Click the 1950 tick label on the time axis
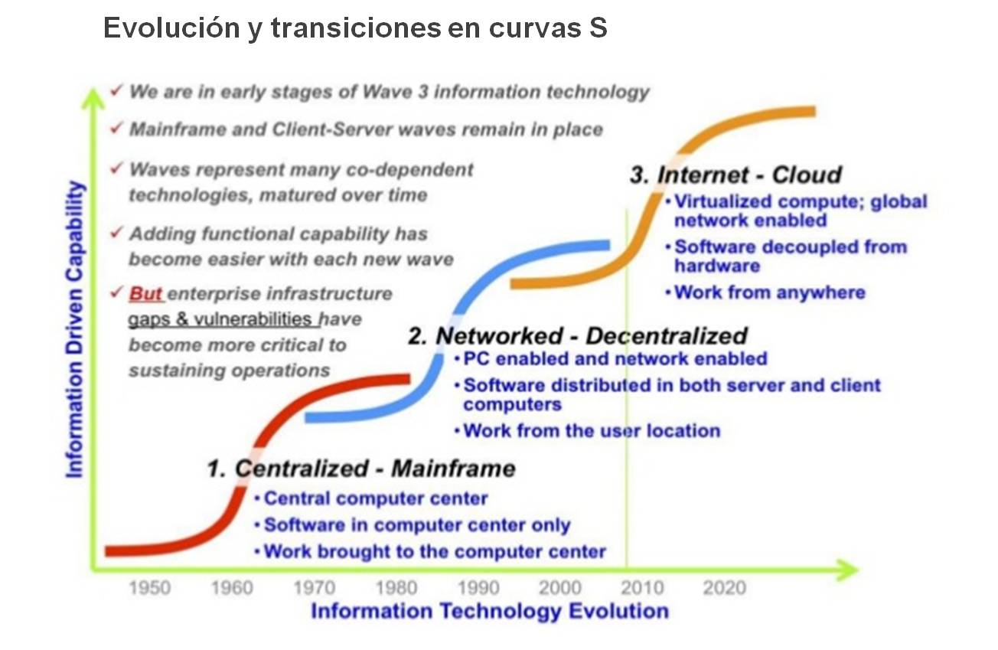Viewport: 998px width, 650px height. click(150, 587)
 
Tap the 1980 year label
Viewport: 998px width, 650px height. click(396, 587)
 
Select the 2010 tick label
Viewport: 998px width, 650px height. click(642, 587)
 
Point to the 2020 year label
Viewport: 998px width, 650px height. click(725, 587)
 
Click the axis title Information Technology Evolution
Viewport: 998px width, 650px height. click(490, 611)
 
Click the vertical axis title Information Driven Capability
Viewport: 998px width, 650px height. click(75, 329)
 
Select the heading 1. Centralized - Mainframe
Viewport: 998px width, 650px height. click(361, 469)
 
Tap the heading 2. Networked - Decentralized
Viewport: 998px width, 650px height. click(578, 335)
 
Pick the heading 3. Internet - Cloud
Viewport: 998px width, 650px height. click(736, 175)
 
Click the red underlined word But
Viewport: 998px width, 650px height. click(145, 294)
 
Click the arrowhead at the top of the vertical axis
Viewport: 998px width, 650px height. click(93, 97)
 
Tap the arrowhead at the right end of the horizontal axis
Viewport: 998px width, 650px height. click(846, 570)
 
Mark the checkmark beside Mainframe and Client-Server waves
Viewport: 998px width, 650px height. click(116, 129)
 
